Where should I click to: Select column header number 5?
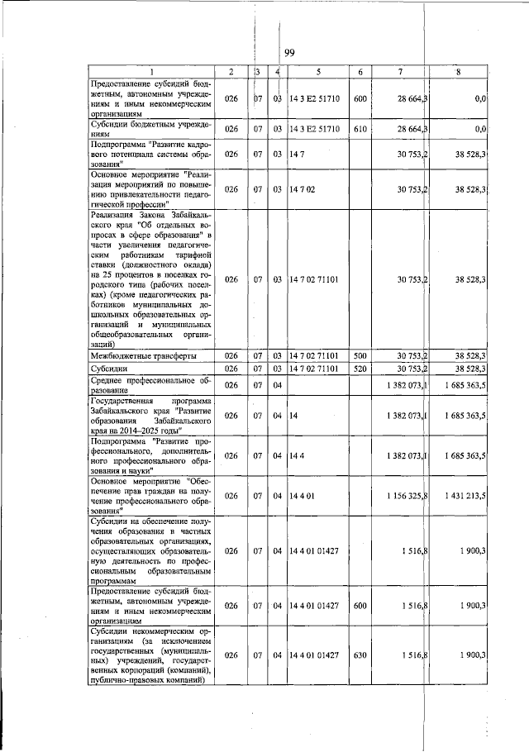coord(317,73)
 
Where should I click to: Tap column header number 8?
coord(459,73)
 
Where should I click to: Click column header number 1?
coord(151,73)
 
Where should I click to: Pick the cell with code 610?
coord(360,129)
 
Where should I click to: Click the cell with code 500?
coord(360,355)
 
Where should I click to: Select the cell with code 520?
coord(360,369)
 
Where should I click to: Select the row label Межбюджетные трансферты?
coord(142,355)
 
